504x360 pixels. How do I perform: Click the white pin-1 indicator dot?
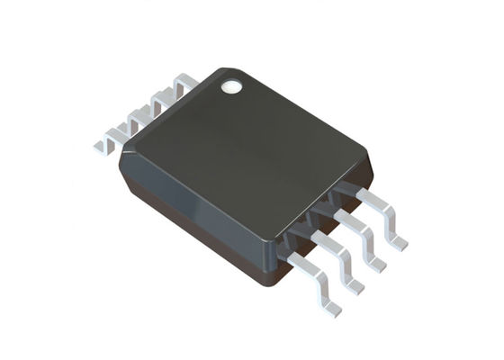231,87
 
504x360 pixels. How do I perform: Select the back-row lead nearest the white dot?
184,85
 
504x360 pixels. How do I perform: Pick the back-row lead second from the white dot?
162,101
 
